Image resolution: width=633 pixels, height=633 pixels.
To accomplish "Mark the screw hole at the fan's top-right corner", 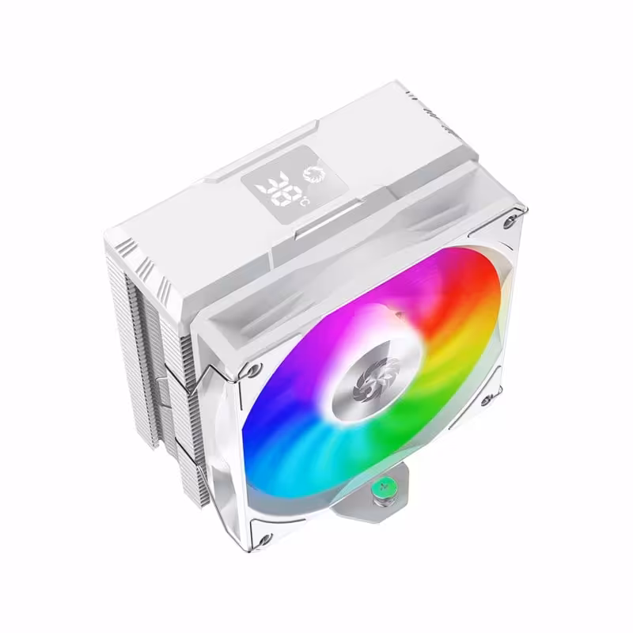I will click(x=516, y=216).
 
